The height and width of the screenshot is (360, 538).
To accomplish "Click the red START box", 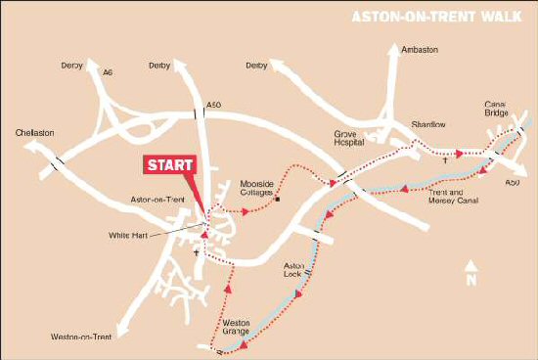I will [x=170, y=164].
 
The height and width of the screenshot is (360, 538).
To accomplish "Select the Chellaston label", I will [x=35, y=130].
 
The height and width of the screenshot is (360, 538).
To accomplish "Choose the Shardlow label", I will [x=427, y=124].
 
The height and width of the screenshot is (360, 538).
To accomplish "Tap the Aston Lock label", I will [x=295, y=269].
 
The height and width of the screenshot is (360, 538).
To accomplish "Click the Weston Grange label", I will [x=237, y=327].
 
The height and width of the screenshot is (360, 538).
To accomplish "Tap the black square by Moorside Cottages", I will [x=277, y=201].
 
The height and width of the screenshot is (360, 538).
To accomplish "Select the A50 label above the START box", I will [x=214, y=105].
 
